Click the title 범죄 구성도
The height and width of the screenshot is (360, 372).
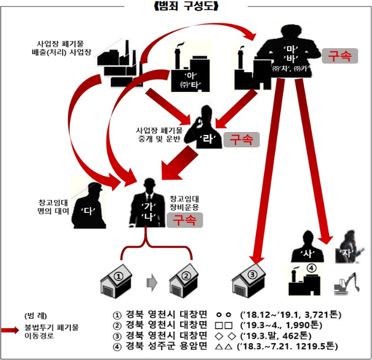point(186,6)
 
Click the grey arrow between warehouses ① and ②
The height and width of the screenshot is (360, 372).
point(152,283)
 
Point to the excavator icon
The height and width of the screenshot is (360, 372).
point(347,283)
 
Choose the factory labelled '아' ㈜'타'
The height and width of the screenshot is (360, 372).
point(189,73)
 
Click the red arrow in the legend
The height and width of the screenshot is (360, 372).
point(11,330)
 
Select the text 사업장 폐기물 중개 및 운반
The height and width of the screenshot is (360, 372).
point(159,134)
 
